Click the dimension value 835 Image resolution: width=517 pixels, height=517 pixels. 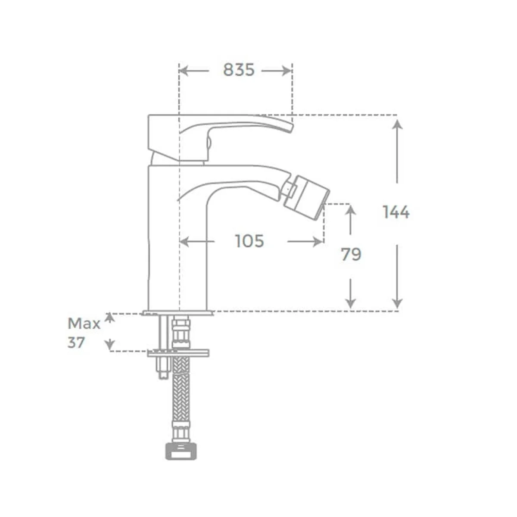(x=239, y=70)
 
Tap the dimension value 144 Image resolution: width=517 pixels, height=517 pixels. (x=396, y=212)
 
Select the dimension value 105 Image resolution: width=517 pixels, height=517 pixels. (x=249, y=241)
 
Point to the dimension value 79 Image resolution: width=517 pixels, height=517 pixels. (x=351, y=254)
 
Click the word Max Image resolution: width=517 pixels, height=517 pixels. (x=84, y=324)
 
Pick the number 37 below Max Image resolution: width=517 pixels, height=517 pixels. (x=76, y=343)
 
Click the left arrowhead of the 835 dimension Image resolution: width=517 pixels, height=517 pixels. (x=184, y=71)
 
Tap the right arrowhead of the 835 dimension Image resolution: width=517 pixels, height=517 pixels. (x=287, y=71)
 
